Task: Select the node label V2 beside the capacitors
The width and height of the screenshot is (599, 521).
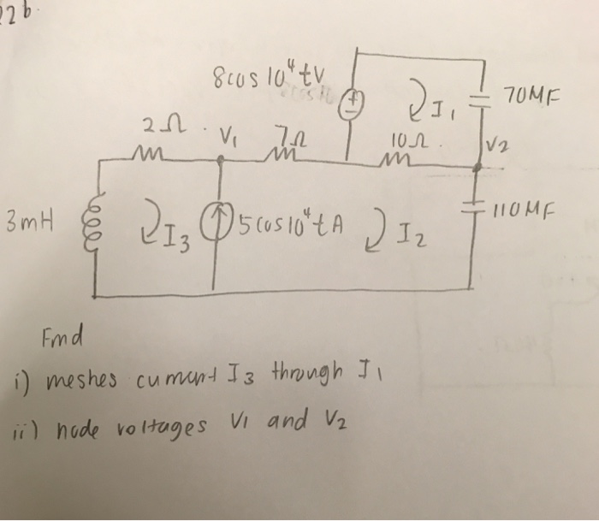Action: tap(499, 146)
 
